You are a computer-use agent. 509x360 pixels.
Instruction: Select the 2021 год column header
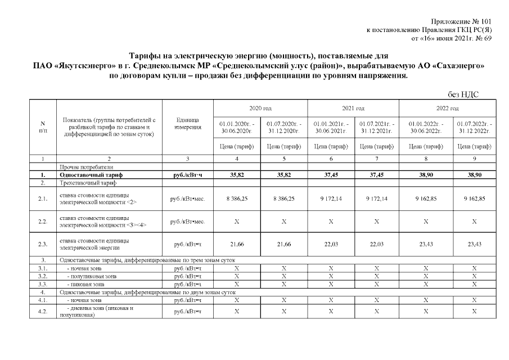click(353, 108)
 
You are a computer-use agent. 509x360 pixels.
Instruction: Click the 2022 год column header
click(447, 108)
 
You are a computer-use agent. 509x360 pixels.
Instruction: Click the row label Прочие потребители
click(86, 167)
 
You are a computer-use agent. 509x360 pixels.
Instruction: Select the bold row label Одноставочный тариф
click(91, 175)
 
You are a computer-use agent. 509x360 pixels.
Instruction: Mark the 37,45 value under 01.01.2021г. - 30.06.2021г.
click(330, 175)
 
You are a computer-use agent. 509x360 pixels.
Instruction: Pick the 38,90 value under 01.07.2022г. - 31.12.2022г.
click(474, 175)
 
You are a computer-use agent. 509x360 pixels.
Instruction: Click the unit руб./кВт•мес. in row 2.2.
click(187, 221)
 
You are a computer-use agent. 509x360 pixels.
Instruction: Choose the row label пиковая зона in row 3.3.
click(84, 284)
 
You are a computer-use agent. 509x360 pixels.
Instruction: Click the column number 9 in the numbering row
click(474, 159)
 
